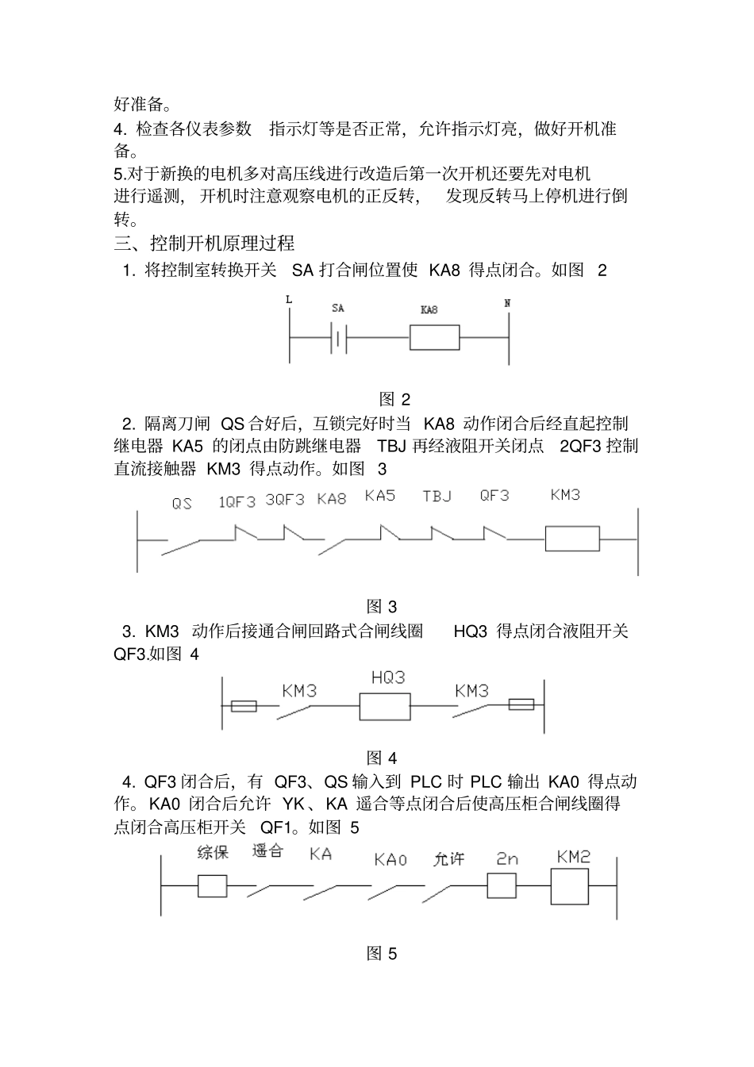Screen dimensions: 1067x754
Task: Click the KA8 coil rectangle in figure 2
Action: click(434, 337)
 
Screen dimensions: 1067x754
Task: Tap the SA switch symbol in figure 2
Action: click(339, 338)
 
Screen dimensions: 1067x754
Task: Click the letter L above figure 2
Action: click(288, 300)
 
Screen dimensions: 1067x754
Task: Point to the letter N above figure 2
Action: click(507, 302)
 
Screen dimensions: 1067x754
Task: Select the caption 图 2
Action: click(394, 399)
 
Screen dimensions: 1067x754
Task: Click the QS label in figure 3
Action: click(182, 503)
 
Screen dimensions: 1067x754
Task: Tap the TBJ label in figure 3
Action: click(437, 497)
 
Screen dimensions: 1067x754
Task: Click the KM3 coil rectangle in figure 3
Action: click(571, 538)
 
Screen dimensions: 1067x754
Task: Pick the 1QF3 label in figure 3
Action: click(237, 501)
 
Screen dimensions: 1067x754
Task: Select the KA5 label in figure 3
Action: click(380, 496)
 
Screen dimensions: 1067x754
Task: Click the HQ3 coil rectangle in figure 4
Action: click(385, 705)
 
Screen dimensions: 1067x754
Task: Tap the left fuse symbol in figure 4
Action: click(244, 706)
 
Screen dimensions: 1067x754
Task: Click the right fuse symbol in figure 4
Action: click(521, 704)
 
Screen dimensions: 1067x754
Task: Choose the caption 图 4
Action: click(382, 758)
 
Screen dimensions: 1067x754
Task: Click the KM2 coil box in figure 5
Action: click(571, 886)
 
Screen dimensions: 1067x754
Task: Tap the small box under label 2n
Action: click(501, 885)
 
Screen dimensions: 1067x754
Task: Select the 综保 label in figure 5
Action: click(213, 853)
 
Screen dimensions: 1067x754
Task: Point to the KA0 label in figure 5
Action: click(390, 859)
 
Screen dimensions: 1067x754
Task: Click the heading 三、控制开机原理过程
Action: click(205, 243)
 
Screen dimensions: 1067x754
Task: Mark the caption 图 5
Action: click(382, 954)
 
